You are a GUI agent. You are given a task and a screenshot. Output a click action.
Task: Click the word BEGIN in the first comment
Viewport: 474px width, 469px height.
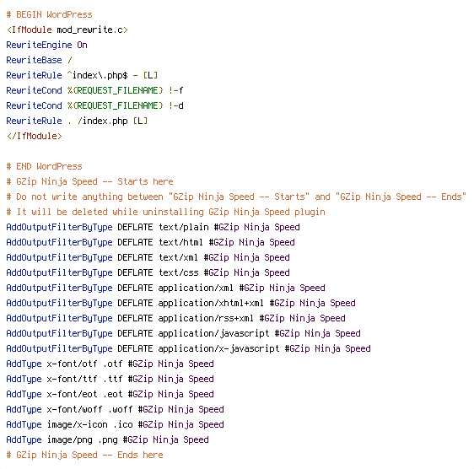point(29,14)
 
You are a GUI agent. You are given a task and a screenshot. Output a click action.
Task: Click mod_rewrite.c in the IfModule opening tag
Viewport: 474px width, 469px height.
point(89,30)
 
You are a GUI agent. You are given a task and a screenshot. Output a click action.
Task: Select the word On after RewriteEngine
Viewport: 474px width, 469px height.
point(82,45)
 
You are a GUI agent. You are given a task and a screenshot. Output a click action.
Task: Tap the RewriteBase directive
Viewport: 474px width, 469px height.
point(34,60)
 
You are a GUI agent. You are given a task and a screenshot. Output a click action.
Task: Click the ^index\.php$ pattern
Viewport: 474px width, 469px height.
point(97,75)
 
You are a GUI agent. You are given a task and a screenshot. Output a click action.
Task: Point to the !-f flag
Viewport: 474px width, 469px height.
point(176,90)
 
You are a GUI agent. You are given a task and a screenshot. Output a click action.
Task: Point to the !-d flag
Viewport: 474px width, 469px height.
point(176,105)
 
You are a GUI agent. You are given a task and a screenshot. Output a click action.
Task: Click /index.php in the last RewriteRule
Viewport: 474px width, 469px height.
point(103,121)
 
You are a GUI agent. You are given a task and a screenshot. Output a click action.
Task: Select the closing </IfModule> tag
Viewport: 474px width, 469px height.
point(35,136)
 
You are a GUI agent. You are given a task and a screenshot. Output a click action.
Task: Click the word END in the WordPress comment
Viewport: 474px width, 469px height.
point(24,166)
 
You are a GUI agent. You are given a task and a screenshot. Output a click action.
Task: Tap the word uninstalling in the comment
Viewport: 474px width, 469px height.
point(173,212)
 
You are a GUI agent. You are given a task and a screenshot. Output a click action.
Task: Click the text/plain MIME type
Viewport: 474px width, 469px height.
point(184,227)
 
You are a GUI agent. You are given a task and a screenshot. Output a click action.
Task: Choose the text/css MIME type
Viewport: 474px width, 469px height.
point(178,272)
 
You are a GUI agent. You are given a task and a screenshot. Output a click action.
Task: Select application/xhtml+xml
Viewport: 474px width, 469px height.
point(211,303)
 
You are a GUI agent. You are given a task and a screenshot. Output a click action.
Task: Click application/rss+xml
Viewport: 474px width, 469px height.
point(206,318)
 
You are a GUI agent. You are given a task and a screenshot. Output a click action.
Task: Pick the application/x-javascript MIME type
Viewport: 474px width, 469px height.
point(218,348)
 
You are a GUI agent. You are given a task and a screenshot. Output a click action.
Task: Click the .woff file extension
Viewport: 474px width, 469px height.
point(121,409)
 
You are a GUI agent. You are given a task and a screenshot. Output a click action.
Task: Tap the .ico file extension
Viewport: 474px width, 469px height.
point(123,424)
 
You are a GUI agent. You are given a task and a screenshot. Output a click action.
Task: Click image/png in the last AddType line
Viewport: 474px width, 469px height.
point(69,439)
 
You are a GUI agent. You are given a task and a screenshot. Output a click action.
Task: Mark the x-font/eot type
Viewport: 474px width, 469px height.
point(72,394)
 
